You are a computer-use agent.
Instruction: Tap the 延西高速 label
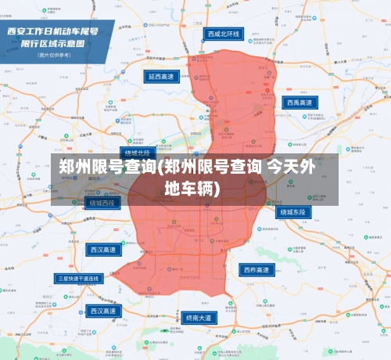(163, 77)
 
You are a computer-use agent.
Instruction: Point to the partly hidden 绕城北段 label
(137, 153)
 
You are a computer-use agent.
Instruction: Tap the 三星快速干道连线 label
(79, 278)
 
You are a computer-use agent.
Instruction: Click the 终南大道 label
(200, 319)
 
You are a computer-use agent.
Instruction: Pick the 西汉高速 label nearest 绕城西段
(102, 250)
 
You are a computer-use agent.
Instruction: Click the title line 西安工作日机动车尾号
(52, 31)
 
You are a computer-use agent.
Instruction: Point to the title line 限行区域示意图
(52, 44)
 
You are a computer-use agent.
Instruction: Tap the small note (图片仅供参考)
(52, 56)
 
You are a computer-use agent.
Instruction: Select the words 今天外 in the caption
(292, 167)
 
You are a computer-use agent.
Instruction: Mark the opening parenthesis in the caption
(159, 167)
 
